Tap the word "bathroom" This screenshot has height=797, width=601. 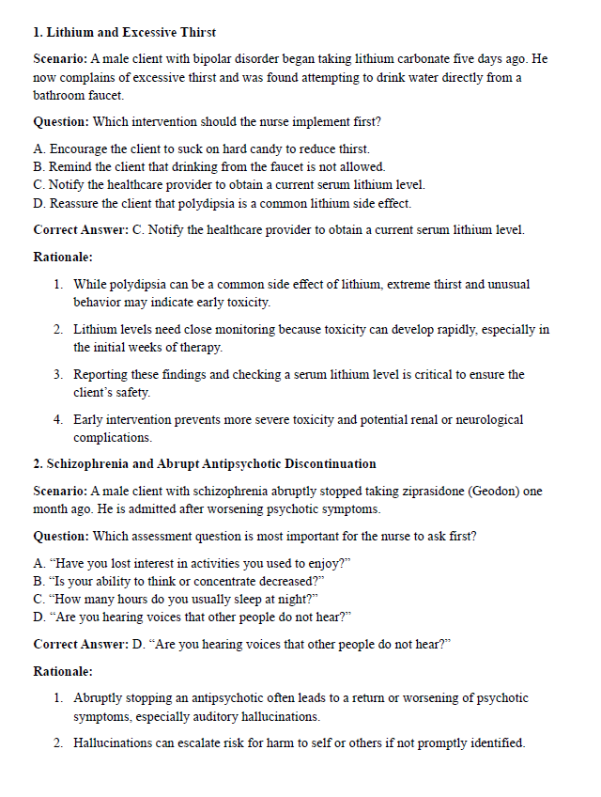coord(60,95)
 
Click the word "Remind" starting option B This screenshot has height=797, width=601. coord(69,166)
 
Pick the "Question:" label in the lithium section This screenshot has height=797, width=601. coord(61,122)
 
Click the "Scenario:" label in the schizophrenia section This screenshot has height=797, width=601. coord(61,492)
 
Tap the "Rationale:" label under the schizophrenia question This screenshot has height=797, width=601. coord(63,671)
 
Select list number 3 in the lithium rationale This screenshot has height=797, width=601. coord(58,374)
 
